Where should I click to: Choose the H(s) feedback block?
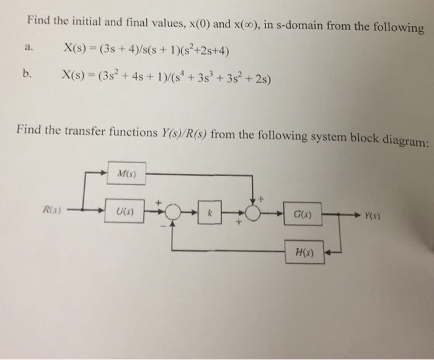304,253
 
